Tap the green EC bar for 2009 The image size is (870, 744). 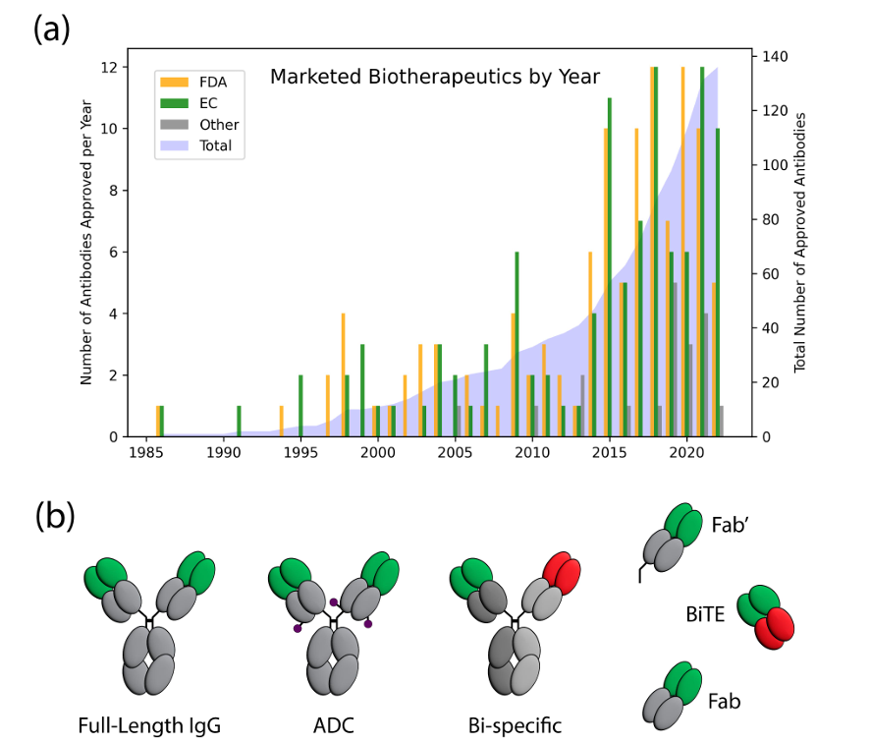point(517,344)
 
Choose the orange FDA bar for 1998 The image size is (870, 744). point(343,374)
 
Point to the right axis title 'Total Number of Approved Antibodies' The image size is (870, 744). point(799,242)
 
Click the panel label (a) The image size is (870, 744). point(51,30)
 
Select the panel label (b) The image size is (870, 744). point(55,516)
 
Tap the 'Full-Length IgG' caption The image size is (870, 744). point(149,727)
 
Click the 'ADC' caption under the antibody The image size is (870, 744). point(335,727)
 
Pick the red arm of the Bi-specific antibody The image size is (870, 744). point(564,576)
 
